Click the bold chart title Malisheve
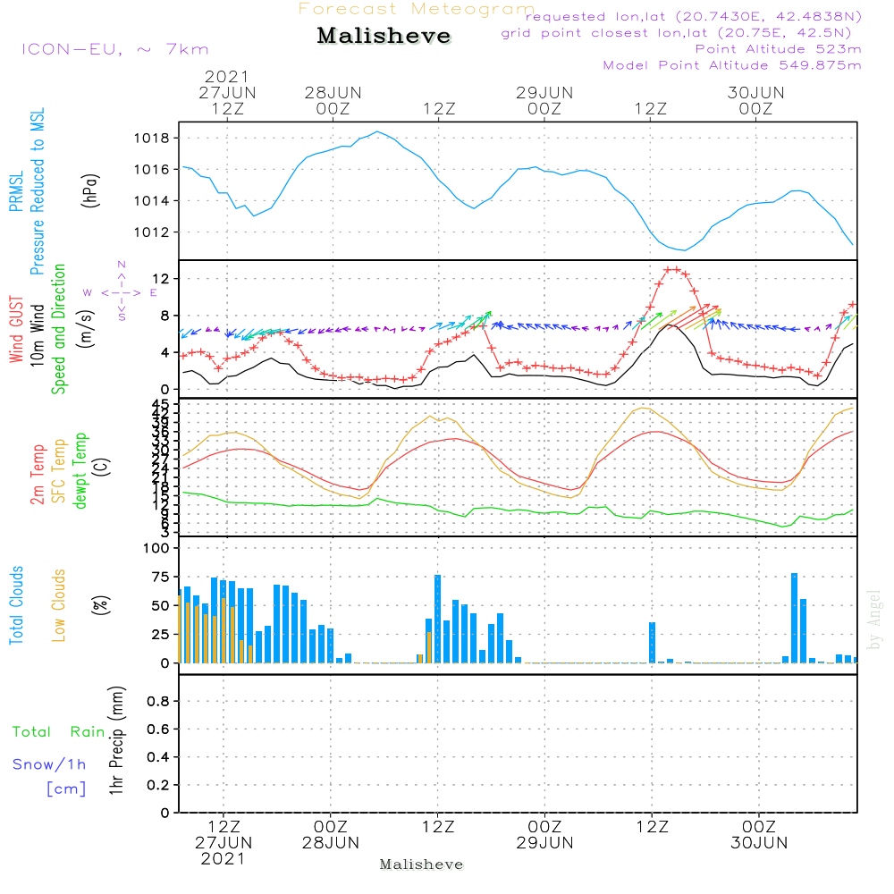click(384, 38)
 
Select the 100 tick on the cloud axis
click(156, 548)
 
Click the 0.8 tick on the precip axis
click(158, 702)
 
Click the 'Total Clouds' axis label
click(17, 605)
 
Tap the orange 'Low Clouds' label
click(59, 605)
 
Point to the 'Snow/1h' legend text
click(49, 765)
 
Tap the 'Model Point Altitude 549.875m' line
click(732, 65)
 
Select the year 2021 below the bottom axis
click(223, 858)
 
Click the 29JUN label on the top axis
click(544, 92)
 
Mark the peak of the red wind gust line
click(672, 269)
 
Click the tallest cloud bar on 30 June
click(794, 618)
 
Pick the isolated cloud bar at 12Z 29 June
click(652, 642)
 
